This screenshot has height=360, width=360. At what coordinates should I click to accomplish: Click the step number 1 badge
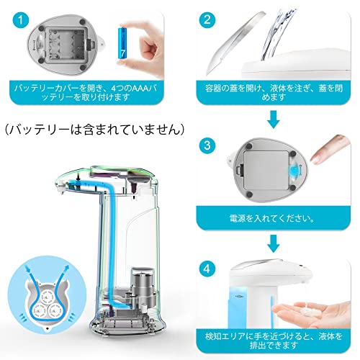point(21,20)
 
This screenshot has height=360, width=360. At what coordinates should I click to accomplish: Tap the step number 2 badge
point(207,20)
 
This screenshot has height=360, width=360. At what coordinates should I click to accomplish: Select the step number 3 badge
point(207,145)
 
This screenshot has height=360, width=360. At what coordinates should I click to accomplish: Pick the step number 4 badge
point(207,269)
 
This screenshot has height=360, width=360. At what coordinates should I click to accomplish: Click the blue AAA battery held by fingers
point(122,46)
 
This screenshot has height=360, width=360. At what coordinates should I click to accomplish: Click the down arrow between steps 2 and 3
point(274,120)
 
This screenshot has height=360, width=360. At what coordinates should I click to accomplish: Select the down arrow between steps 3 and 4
point(274,243)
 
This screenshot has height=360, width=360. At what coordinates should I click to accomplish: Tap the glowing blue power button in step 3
point(294,171)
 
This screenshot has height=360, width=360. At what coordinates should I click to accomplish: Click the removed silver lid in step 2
point(233,41)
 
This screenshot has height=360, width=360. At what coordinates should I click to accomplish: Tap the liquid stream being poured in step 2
point(279,34)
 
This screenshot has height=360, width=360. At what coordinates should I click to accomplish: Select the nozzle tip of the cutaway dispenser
point(60,189)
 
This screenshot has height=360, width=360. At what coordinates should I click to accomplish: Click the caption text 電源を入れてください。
point(272,218)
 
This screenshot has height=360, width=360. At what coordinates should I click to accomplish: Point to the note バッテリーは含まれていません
point(95,130)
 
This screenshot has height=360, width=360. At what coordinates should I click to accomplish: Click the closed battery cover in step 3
point(266,171)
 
